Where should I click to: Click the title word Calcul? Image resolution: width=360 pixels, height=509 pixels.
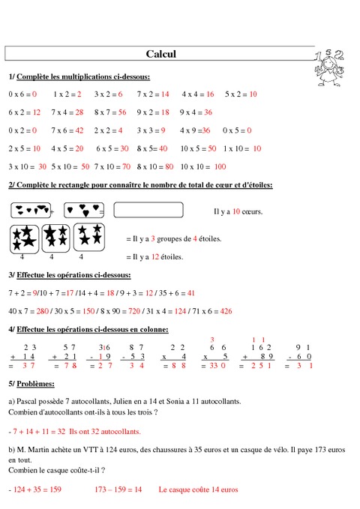(x=160, y=54)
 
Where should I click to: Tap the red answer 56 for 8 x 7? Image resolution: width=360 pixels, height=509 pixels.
(x=122, y=112)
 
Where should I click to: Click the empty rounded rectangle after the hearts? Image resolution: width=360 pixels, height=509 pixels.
(x=148, y=211)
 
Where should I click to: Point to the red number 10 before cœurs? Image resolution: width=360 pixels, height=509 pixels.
(x=236, y=211)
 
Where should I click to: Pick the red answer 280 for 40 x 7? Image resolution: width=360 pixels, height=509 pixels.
(x=43, y=310)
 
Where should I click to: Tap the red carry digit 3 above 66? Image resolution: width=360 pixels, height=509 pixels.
(x=212, y=340)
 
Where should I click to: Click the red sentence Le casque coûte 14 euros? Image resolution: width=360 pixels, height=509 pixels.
(x=198, y=490)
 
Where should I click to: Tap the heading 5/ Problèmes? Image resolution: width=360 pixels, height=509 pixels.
(x=31, y=384)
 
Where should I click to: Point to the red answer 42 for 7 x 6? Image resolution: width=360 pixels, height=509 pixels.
(x=79, y=130)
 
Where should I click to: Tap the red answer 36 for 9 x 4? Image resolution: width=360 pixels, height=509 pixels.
(x=208, y=112)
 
